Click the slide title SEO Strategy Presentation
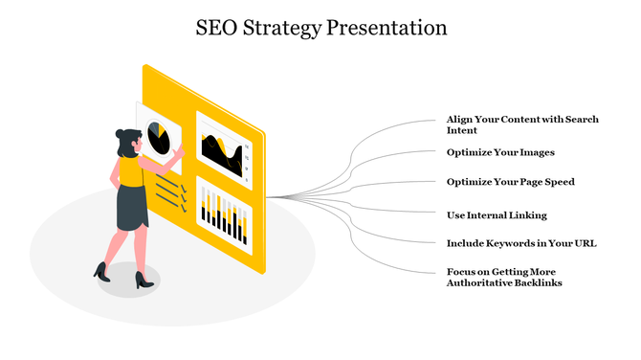(320, 28)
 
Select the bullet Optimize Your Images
(500, 152)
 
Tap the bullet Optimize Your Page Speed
(510, 182)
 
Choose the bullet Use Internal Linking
(497, 214)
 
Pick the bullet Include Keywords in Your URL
(521, 243)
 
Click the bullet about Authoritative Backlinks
(505, 278)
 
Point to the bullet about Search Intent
(522, 124)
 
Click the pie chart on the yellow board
(159, 140)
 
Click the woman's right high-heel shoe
(144, 280)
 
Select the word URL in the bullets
(585, 243)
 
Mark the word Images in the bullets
(535, 152)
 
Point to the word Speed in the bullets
(558, 182)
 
